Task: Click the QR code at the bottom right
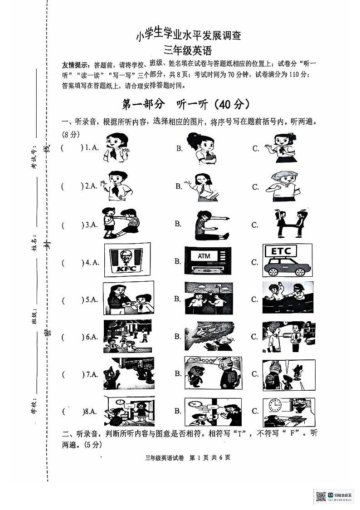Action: click(x=321, y=496)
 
